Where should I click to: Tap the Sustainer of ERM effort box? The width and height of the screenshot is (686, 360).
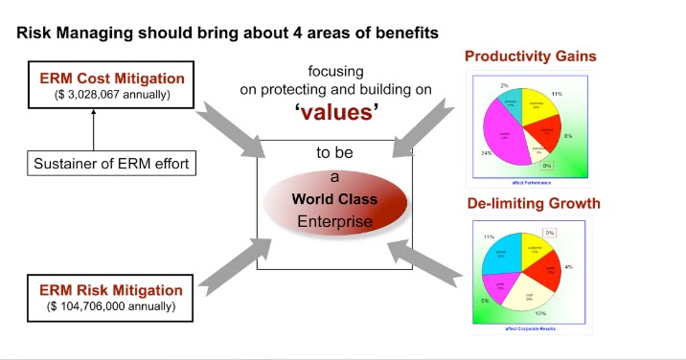point(95,163)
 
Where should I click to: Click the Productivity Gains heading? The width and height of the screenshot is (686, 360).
point(530,56)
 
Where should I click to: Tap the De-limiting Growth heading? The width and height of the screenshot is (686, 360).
point(533,203)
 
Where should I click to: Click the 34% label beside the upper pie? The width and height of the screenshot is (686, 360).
point(487,152)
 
